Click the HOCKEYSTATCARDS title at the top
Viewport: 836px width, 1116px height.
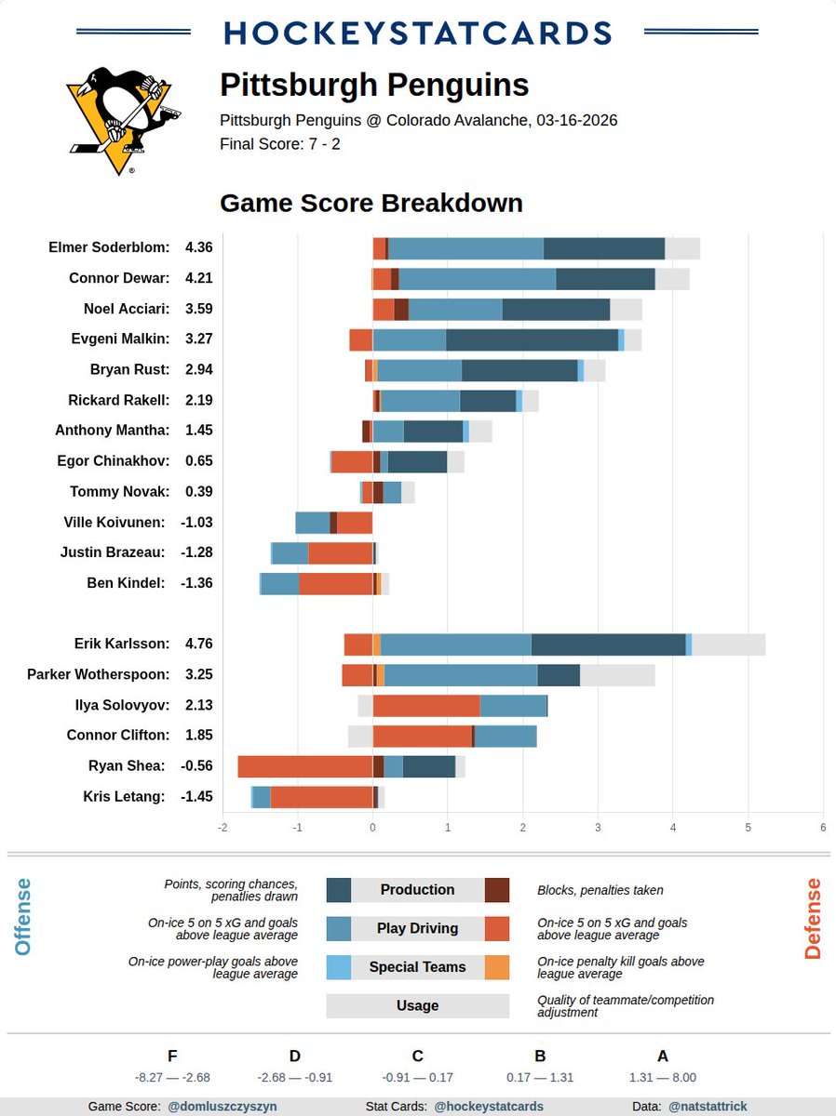pos(418,33)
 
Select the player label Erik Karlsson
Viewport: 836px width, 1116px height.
pos(122,644)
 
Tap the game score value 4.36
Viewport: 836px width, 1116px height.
pos(199,247)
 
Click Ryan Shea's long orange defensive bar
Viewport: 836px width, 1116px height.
pos(304,766)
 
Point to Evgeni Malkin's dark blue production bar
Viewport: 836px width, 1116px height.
pos(532,339)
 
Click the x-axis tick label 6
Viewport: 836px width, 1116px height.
pos(823,826)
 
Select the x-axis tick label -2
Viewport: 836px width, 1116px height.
pos(222,826)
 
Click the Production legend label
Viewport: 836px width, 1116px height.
pos(417,890)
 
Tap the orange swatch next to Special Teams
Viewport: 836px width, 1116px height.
pos(497,967)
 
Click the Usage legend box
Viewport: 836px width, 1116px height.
pos(417,1005)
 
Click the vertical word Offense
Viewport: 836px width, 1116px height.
pos(23,917)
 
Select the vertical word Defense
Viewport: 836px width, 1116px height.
pos(813,919)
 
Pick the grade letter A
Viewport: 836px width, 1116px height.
pos(663,1056)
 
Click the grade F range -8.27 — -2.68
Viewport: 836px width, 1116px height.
pos(172,1077)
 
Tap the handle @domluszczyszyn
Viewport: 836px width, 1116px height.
pos(222,1107)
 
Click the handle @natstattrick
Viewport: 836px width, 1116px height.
pos(708,1107)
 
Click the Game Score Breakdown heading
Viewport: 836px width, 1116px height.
pos(371,204)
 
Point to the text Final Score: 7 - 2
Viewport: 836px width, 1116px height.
pos(279,144)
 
